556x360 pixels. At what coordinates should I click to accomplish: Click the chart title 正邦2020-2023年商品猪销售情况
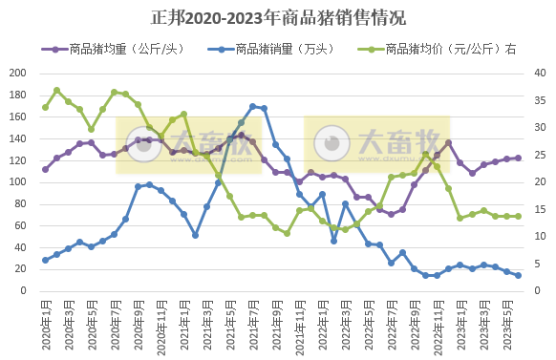point(278,17)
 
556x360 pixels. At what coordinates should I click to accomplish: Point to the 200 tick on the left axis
point(17,74)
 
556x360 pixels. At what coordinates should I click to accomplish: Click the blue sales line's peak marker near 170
point(252,106)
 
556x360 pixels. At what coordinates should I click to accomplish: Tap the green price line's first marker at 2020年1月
point(45,107)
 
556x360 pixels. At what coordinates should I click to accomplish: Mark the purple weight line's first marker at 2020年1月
point(45,169)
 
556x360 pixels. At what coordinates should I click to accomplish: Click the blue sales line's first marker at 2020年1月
point(45,260)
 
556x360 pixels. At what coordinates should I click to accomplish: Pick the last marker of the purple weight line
point(518,158)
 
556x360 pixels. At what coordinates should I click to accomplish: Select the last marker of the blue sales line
point(518,275)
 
